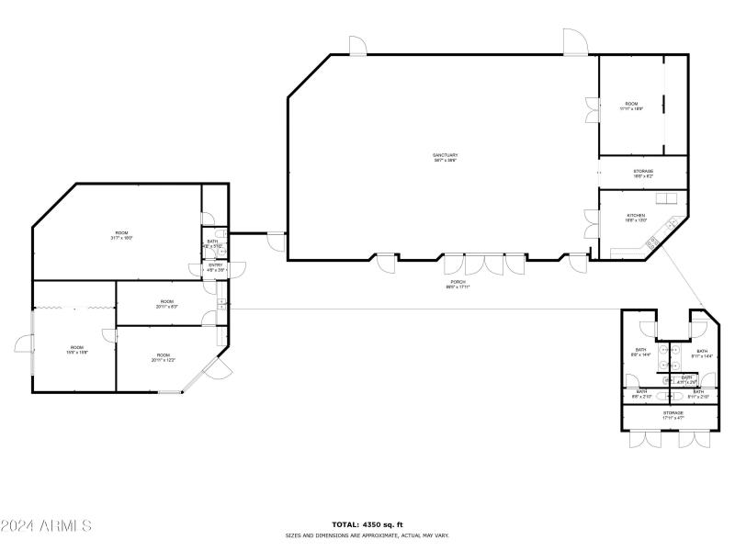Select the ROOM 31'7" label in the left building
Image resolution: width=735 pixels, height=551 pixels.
(121, 235)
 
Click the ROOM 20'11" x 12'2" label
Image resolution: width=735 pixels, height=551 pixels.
(163, 356)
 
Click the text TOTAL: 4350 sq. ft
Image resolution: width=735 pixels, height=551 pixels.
(367, 524)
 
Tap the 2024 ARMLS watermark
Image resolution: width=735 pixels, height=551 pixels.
(46, 526)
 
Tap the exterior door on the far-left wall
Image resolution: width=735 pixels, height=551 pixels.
(23, 345)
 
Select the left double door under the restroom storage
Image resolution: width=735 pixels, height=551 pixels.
(645, 439)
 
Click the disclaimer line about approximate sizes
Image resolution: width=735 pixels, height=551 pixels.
(367, 535)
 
